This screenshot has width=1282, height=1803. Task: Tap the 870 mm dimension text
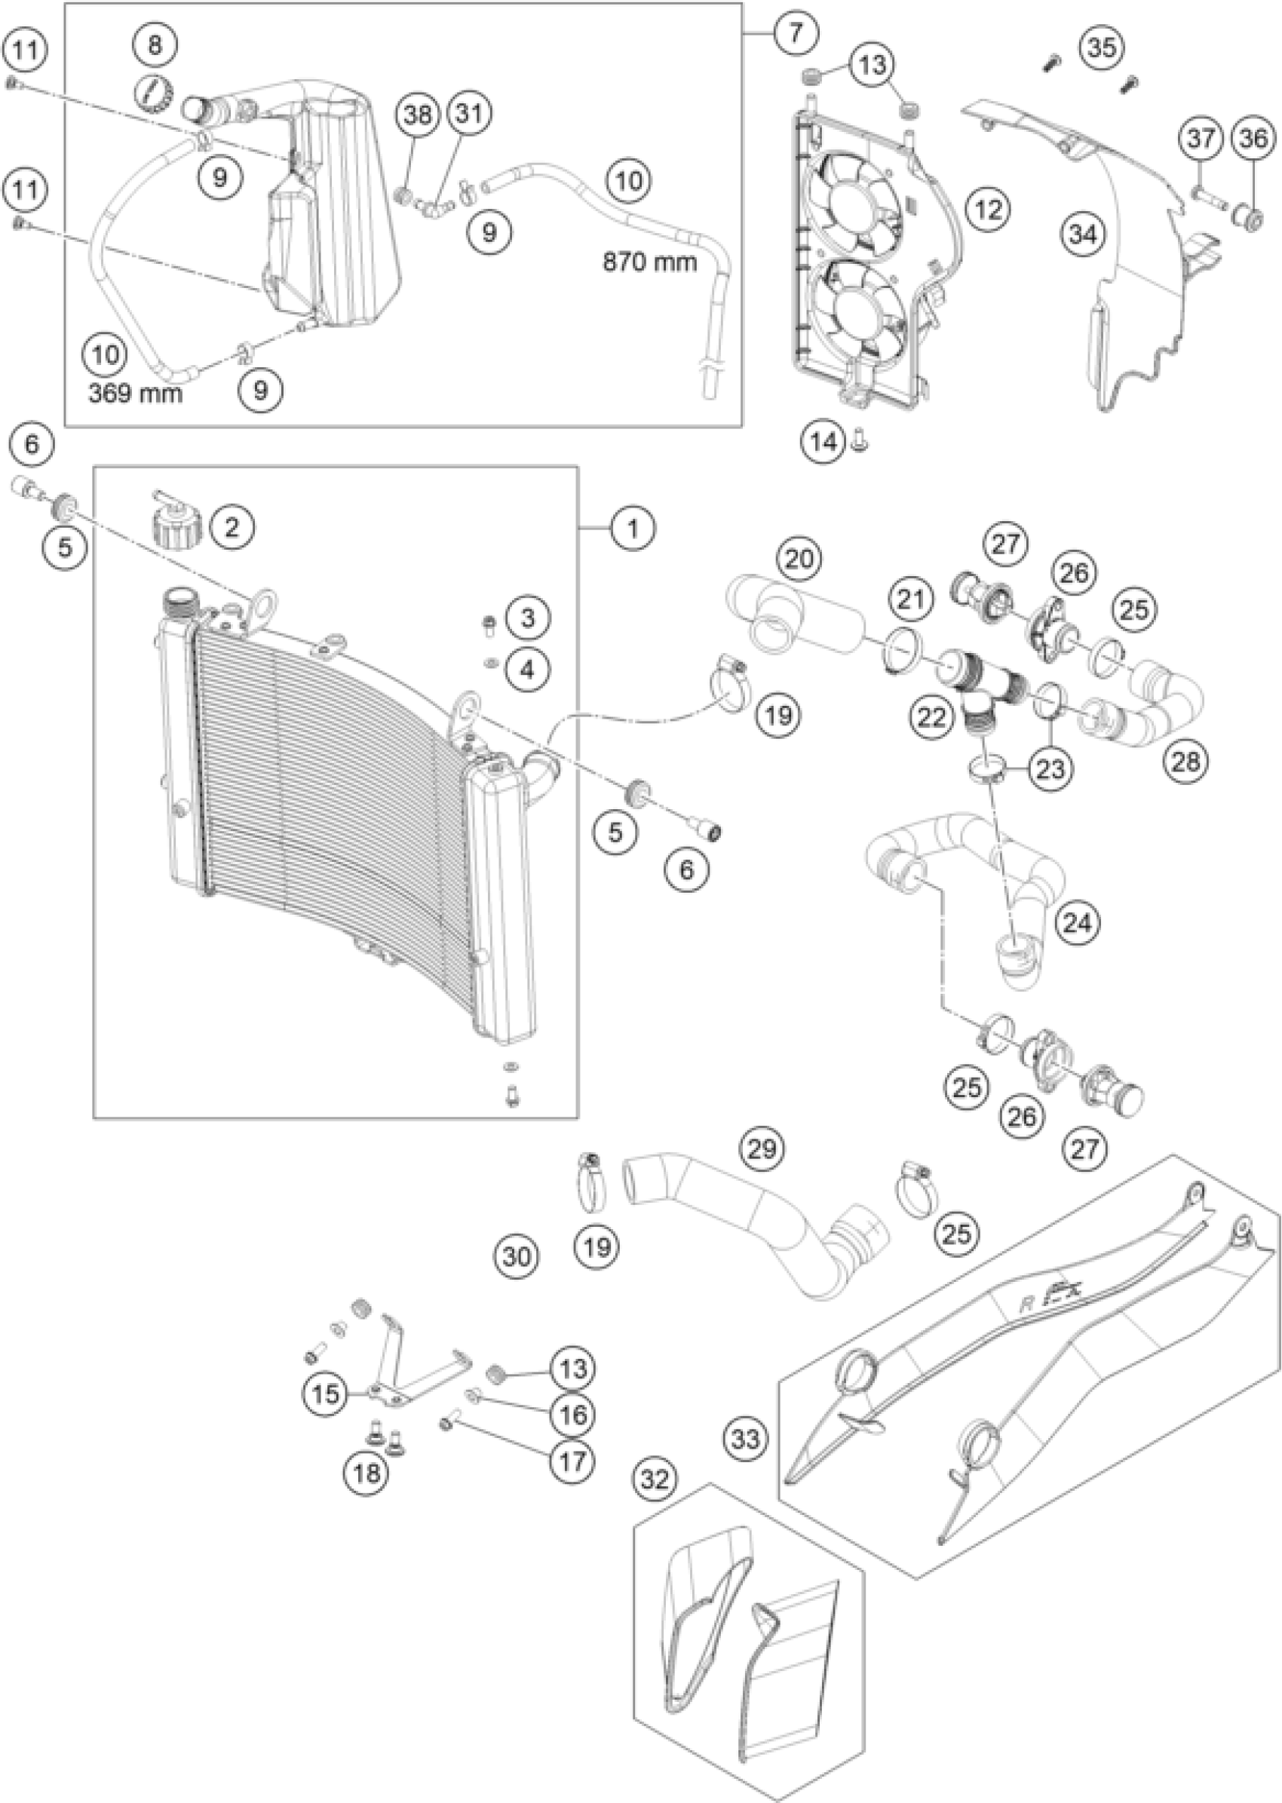coord(650,262)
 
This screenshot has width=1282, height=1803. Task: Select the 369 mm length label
coord(135,392)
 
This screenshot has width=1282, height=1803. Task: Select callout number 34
coord(1083,234)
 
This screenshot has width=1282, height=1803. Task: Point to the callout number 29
coord(762,1148)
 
